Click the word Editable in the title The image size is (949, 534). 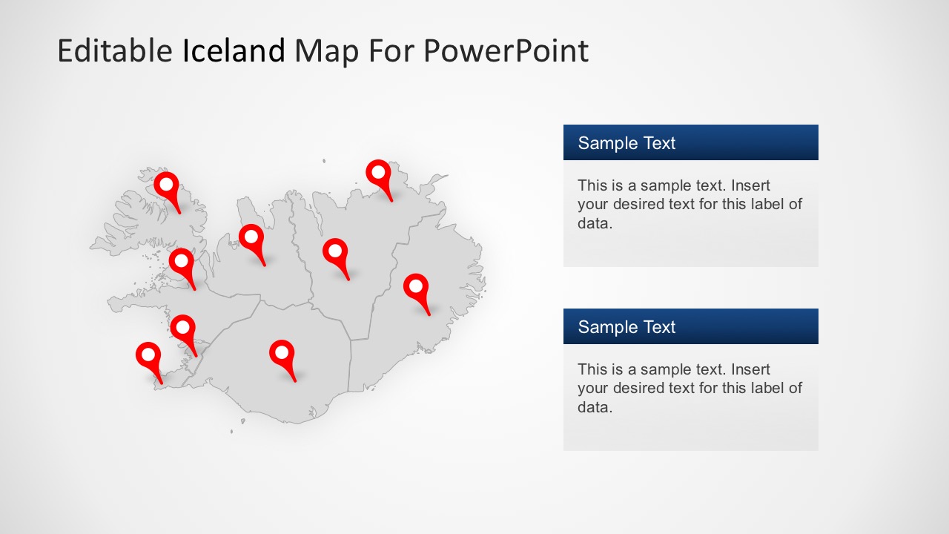[x=114, y=51]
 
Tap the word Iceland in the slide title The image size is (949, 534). [x=234, y=51]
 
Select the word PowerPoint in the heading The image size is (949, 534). [x=506, y=51]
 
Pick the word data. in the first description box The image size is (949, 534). [x=595, y=223]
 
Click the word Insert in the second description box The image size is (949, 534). [x=750, y=369]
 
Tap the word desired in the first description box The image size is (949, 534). [x=639, y=204]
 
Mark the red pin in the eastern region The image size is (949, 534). [x=416, y=288]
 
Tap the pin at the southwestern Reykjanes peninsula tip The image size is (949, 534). [x=149, y=356]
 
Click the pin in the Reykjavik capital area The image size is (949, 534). [x=182, y=328]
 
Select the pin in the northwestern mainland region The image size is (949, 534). [x=251, y=238]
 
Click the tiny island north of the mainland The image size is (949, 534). [x=324, y=160]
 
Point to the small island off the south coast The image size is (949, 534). [x=232, y=431]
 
